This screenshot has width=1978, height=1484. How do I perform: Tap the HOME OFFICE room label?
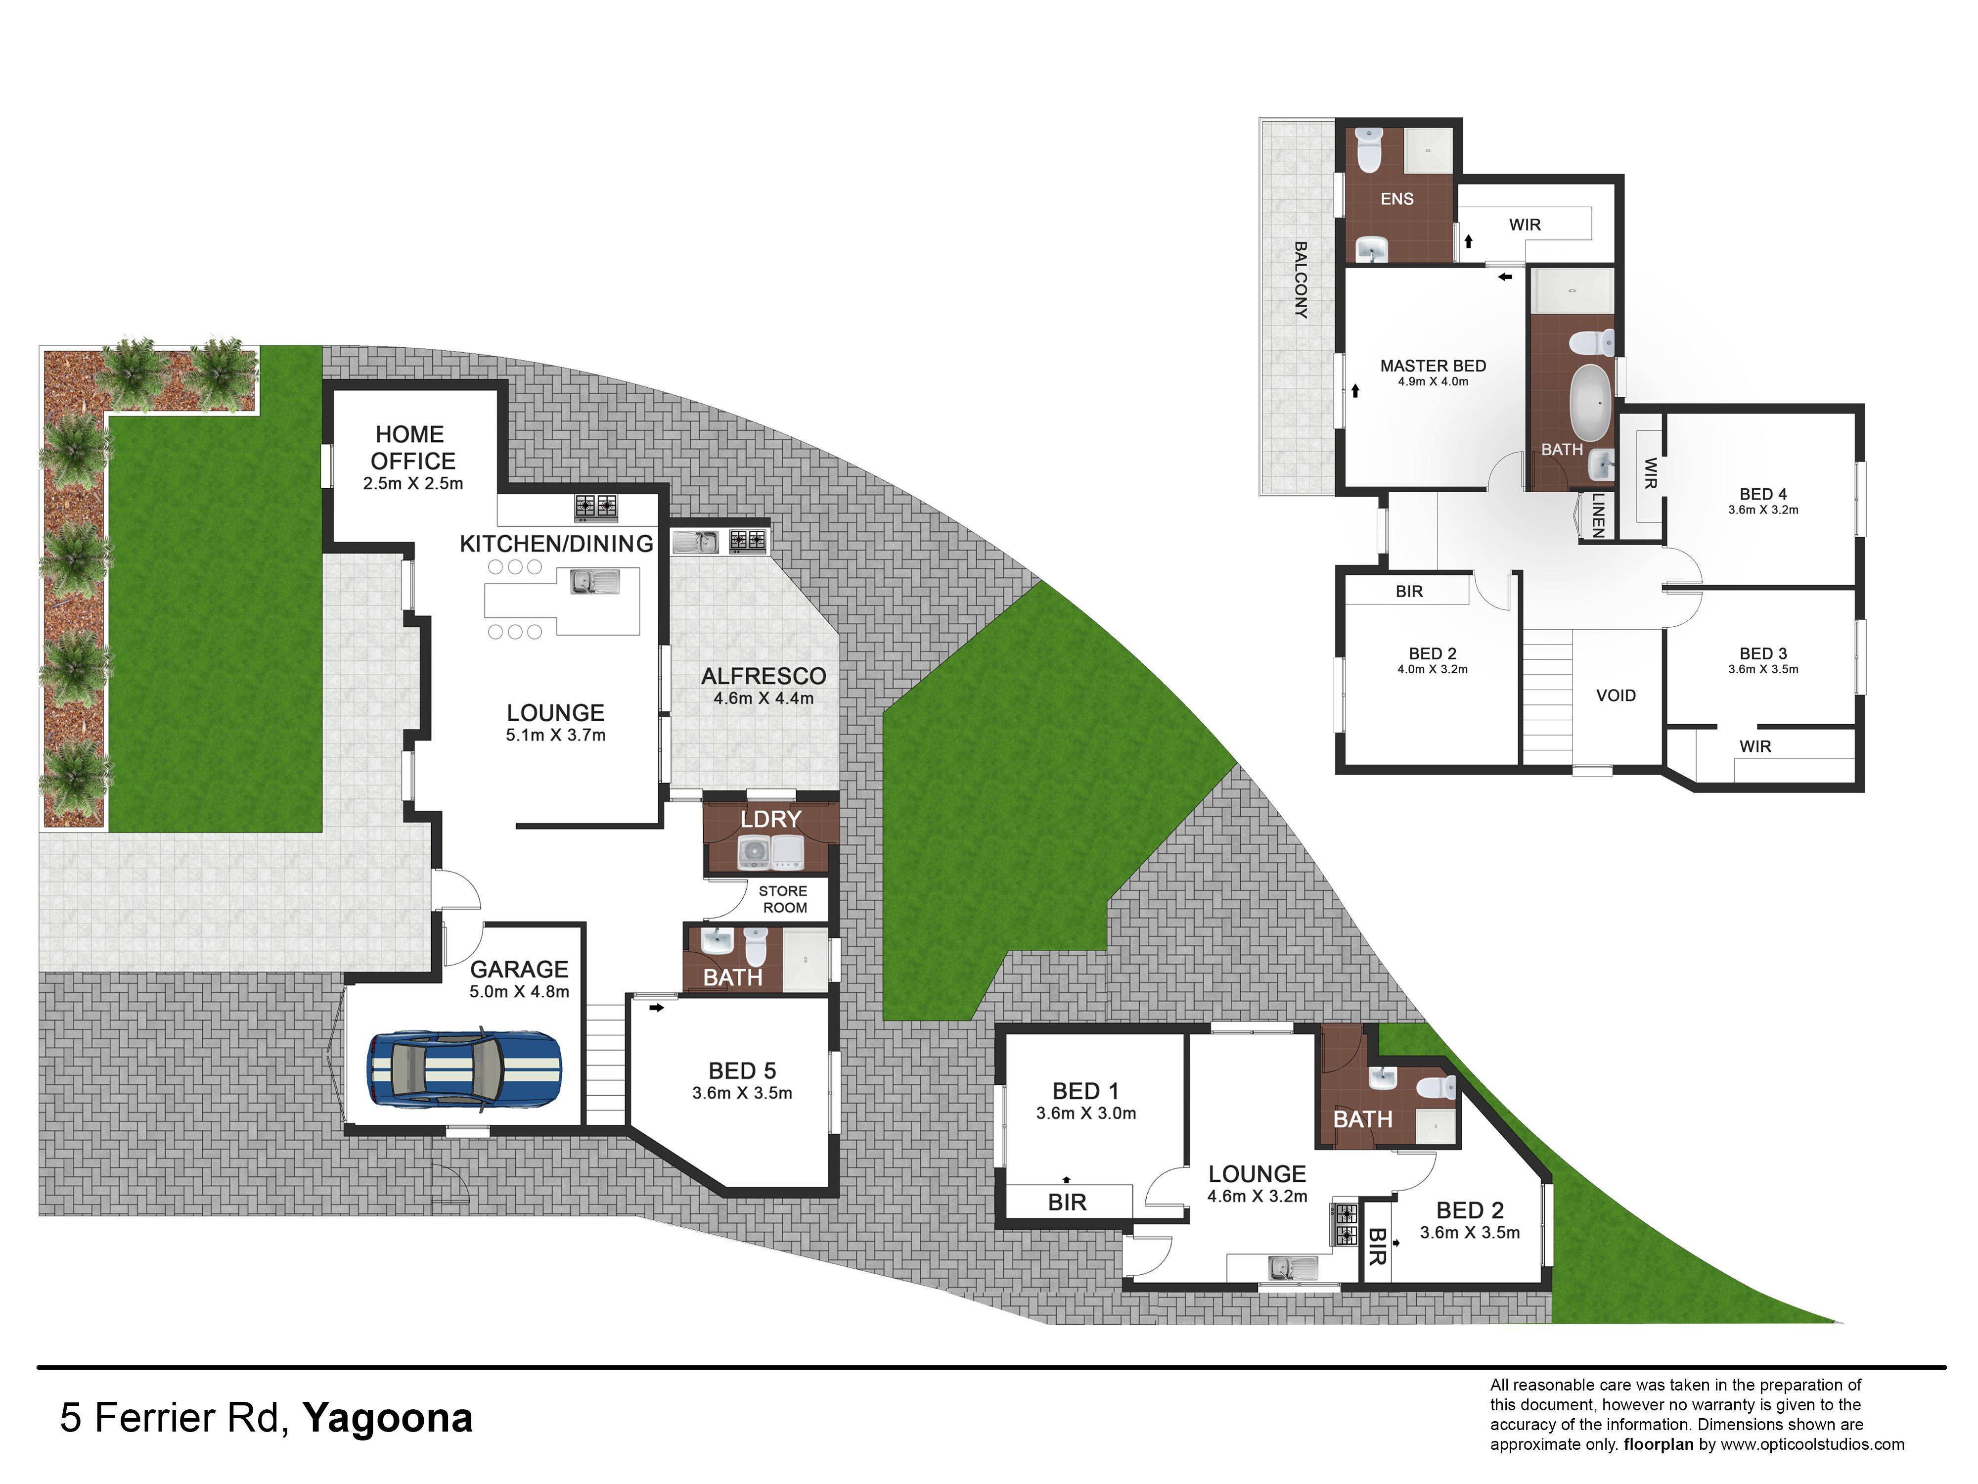click(413, 447)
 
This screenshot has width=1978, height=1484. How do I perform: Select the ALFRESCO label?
click(764, 676)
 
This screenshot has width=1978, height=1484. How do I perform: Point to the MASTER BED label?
click(1433, 366)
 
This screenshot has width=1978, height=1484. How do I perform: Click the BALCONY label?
click(1301, 280)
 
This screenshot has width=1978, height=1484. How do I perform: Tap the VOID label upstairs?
click(1616, 695)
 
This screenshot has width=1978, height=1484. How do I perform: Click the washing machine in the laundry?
click(756, 852)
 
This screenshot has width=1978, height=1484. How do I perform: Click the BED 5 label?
click(742, 1071)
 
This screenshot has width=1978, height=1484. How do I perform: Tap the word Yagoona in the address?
click(387, 1419)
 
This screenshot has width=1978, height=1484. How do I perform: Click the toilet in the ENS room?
click(1369, 149)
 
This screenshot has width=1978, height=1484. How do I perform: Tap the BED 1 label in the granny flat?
click(1085, 1091)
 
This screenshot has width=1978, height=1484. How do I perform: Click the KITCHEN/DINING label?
click(556, 544)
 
